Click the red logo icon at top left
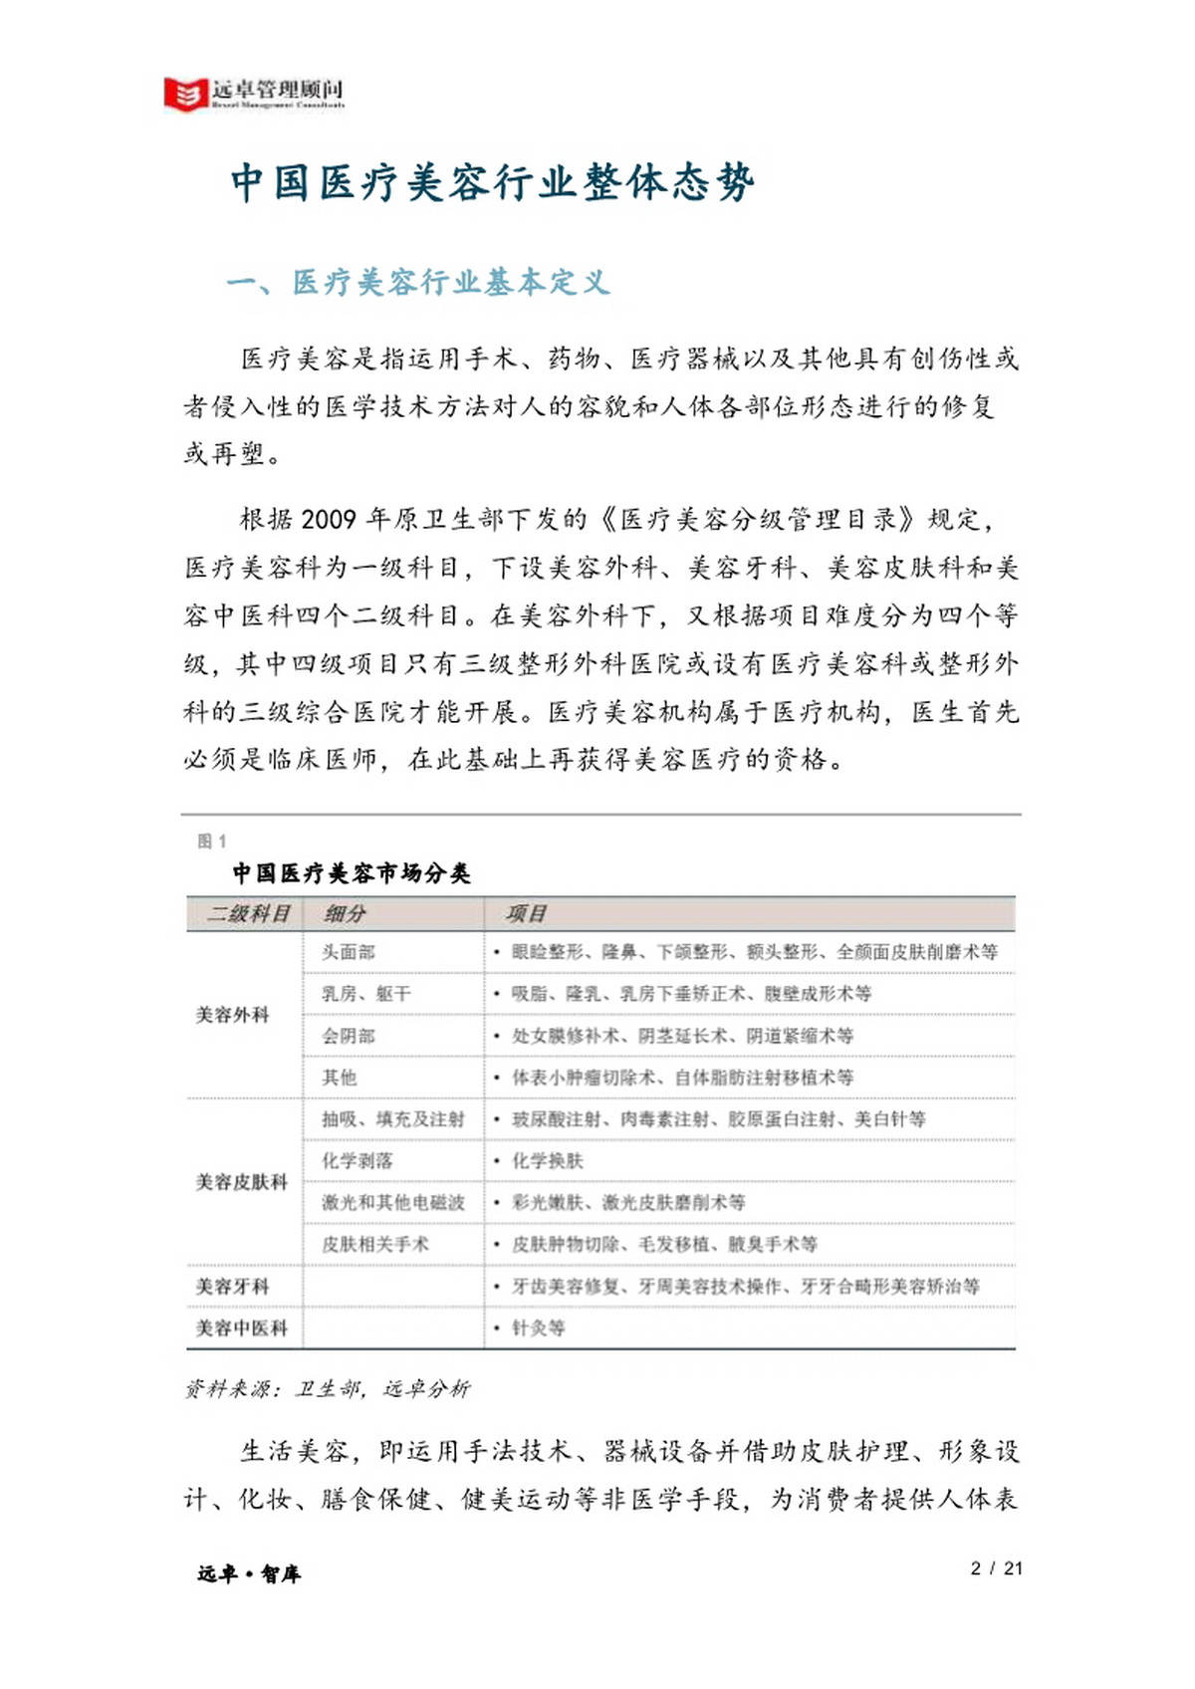pos(185,94)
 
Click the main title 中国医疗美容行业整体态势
pos(492,183)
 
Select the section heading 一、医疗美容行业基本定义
pos(417,283)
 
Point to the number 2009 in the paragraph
pos(328,519)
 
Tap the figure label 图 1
pos(211,842)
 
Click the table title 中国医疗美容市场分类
pos(351,873)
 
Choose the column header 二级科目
pos(247,913)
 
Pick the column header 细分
pos(345,913)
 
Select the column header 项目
pos(525,913)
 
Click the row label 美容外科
pos(232,1015)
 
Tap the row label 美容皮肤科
pos(241,1182)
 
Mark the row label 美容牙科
pos(232,1286)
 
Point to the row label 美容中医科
pos(241,1327)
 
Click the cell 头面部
pos(348,952)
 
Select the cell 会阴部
pos(348,1036)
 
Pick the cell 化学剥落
pos(357,1160)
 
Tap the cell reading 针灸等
pos(538,1327)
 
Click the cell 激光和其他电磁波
pos(392,1202)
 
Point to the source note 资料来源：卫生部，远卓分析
pos(327,1388)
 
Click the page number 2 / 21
pos(996,1568)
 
